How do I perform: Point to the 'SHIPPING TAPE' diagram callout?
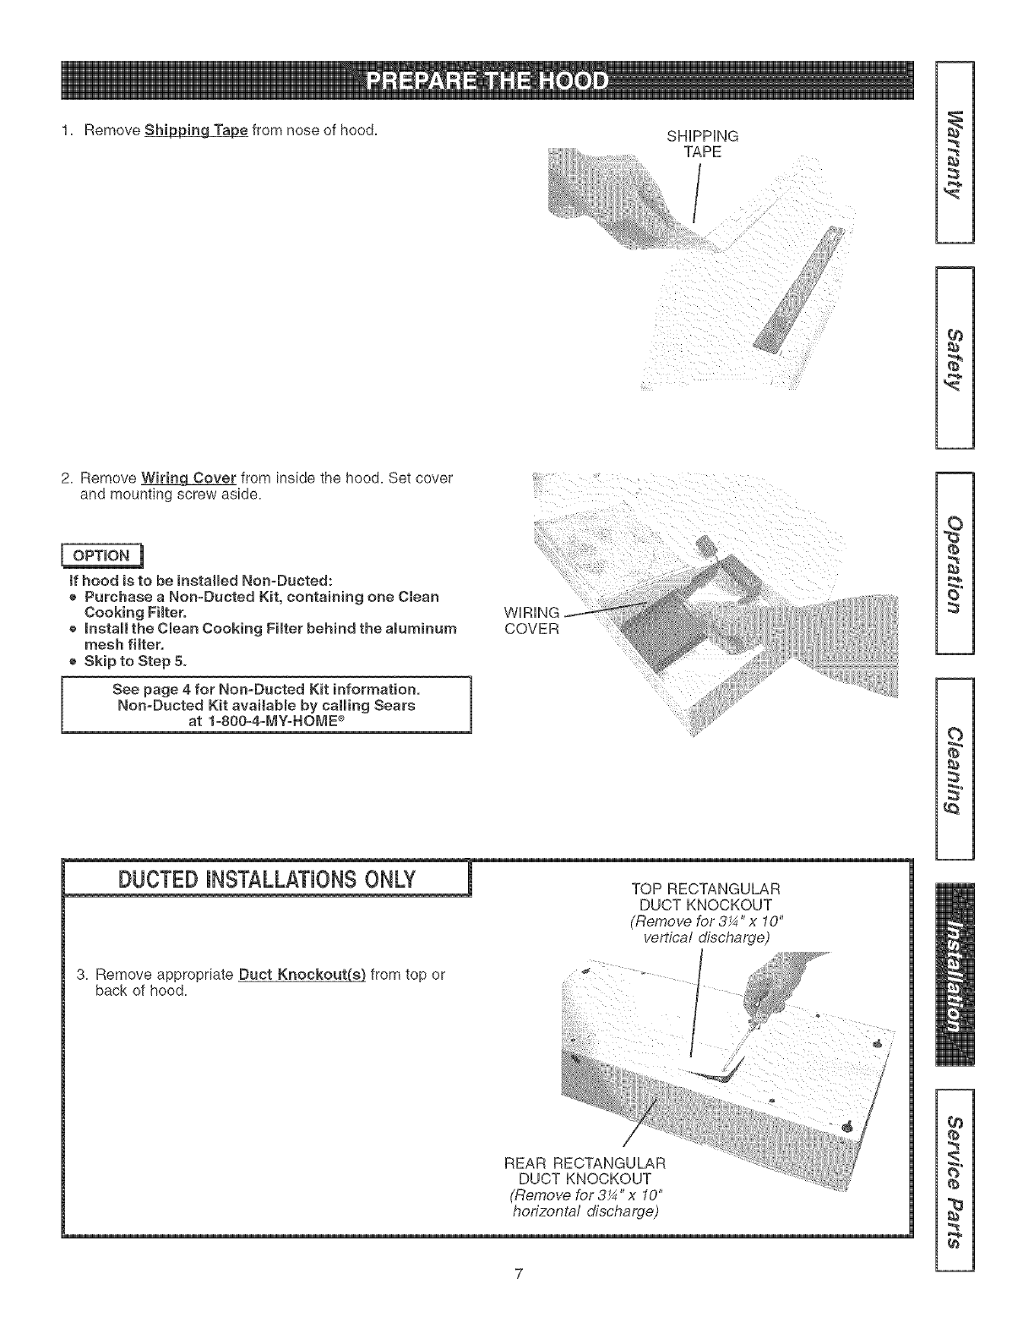pyautogui.click(x=702, y=144)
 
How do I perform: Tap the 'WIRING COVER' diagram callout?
pyautogui.click(x=531, y=621)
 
